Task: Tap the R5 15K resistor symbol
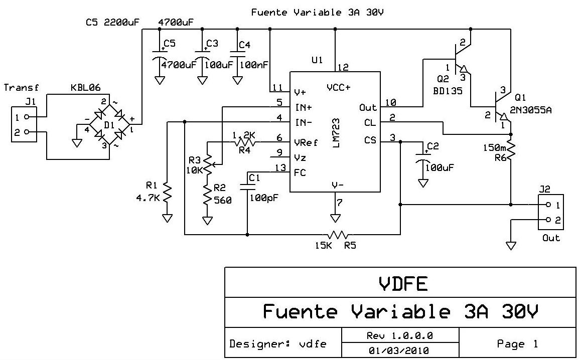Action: (x=339, y=234)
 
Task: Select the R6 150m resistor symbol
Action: (x=511, y=149)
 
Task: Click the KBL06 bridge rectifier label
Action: (x=83, y=88)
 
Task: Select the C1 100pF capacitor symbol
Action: (x=247, y=186)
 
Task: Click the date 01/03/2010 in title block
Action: (x=400, y=350)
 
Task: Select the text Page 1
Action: (x=517, y=343)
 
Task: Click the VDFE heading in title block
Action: (x=400, y=284)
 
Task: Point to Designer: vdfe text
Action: (x=277, y=344)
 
